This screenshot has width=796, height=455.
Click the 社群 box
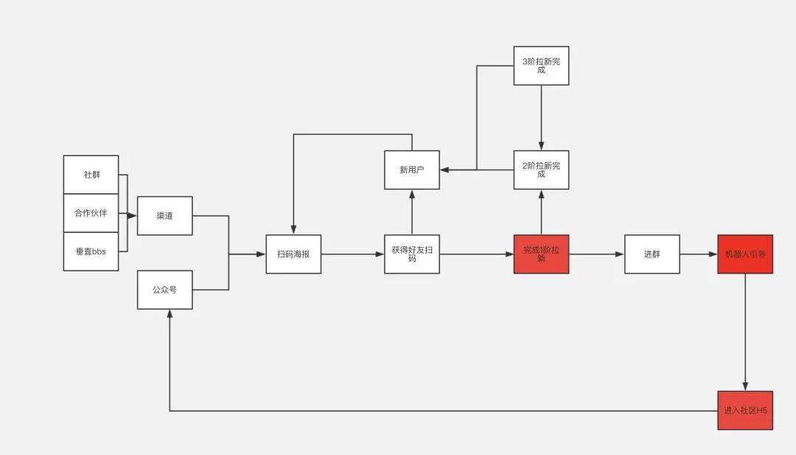click(91, 175)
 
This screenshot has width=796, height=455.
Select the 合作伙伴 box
click(91, 213)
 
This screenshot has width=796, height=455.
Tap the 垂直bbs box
click(91, 251)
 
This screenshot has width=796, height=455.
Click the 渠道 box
click(164, 215)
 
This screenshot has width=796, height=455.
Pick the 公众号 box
click(164, 290)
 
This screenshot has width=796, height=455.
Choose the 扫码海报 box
click(293, 254)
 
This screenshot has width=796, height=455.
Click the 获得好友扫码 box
click(411, 254)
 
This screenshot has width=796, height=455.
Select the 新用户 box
click(411, 170)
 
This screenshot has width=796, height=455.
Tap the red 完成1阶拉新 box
click(541, 254)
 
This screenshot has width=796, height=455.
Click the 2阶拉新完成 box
click(541, 170)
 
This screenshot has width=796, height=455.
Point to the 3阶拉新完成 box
click(541, 66)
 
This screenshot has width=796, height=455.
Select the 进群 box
click(652, 254)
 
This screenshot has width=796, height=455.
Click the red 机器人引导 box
click(745, 254)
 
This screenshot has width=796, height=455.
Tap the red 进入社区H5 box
click(745, 410)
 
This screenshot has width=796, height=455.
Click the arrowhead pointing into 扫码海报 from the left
click(261, 254)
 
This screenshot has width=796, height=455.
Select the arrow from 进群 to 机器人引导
click(698, 254)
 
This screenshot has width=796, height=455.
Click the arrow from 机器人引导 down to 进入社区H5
click(745, 332)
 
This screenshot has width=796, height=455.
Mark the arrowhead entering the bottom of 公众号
click(170, 313)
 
